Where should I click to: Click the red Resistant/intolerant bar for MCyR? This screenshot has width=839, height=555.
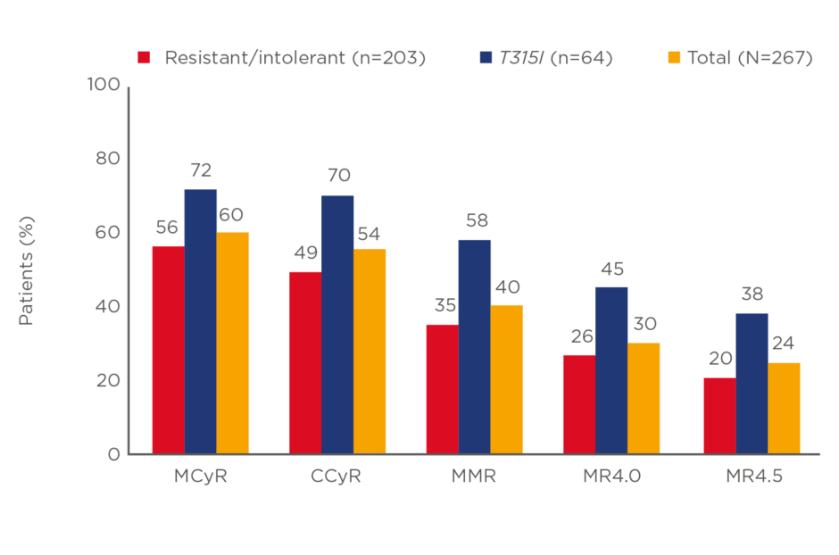click(168, 350)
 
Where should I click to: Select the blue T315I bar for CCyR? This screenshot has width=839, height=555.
click(337, 325)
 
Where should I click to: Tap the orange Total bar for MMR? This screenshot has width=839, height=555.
click(506, 379)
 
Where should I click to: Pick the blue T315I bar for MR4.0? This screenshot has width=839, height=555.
click(611, 370)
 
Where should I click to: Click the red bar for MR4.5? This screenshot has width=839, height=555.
click(719, 416)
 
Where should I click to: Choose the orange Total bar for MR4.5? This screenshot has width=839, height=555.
click(784, 408)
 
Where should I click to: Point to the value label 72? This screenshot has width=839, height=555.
click(200, 170)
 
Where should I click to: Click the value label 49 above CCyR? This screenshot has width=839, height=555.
click(306, 253)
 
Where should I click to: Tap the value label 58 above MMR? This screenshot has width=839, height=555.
click(475, 220)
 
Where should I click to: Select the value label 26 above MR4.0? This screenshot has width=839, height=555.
click(579, 336)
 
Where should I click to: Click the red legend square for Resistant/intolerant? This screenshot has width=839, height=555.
click(143, 58)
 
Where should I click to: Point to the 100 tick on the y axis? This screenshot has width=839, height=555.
click(103, 85)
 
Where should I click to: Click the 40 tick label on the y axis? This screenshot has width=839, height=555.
click(107, 306)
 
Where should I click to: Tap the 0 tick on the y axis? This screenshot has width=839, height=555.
click(113, 454)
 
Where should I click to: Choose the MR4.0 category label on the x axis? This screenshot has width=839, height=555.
click(611, 476)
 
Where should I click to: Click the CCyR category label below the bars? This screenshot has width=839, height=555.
click(336, 476)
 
